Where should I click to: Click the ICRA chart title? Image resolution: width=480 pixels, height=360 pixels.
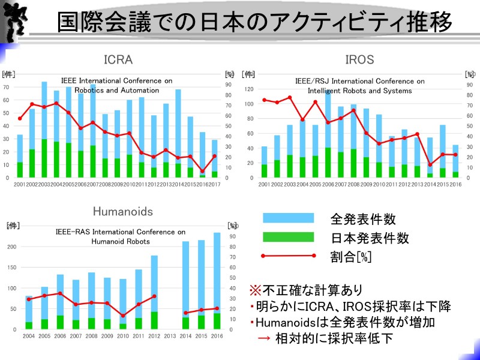tap(118, 60)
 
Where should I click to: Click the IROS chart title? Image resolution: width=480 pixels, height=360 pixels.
tap(359, 60)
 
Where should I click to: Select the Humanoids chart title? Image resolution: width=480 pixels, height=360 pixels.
tap(122, 211)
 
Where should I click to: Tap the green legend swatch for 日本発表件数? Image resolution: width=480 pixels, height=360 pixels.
tap(289, 238)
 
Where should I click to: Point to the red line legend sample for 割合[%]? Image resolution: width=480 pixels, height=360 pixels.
tap(289, 256)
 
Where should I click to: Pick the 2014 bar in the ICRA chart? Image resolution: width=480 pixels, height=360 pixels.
tap(178, 126)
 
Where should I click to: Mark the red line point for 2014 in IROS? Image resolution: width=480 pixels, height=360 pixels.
tap(429, 164)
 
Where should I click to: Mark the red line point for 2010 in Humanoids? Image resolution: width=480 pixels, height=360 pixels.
tap(123, 316)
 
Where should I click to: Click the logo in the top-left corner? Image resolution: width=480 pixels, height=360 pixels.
tap(14, 22)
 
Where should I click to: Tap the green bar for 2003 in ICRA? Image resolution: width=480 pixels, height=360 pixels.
tap(44, 158)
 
